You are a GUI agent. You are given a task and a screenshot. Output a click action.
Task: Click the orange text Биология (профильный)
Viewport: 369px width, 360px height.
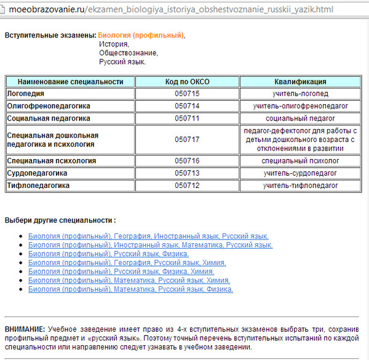pos(140,35)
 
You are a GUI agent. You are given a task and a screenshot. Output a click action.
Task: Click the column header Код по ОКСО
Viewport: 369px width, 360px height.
pos(187,82)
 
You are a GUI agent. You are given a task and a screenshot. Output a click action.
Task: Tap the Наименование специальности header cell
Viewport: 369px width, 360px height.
pos(70,82)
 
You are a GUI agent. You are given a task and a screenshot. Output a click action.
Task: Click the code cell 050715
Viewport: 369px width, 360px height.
pos(187,93)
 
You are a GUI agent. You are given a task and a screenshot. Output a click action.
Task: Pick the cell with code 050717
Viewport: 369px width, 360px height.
pos(187,139)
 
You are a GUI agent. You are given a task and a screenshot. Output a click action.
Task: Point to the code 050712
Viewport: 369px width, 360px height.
pos(187,185)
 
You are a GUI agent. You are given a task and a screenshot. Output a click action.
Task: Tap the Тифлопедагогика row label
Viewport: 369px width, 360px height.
pos(38,185)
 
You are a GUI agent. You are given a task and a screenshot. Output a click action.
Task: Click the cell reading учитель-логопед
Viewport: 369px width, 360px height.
pos(300,93)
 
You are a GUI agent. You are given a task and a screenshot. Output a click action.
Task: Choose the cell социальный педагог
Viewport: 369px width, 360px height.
pos(300,118)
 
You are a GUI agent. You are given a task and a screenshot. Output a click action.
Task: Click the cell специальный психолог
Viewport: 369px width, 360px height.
pos(300,161)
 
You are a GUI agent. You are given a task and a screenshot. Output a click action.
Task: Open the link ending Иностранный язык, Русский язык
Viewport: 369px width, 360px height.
pos(148,236)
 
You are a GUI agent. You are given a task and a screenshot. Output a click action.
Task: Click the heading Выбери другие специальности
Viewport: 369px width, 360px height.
pos(60,220)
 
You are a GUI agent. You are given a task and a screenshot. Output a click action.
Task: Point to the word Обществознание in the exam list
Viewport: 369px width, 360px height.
pos(128,53)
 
